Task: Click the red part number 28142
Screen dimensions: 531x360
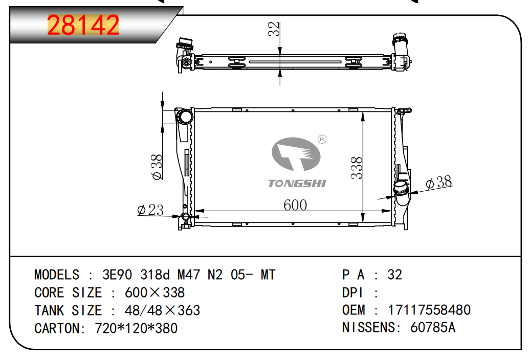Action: point(83,25)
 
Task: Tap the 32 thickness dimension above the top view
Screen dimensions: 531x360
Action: point(274,29)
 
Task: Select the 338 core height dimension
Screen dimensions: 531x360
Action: point(356,168)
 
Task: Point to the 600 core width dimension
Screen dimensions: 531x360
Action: point(295,205)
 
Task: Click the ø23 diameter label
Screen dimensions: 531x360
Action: point(150,210)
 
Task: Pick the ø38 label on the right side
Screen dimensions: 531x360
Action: point(439,182)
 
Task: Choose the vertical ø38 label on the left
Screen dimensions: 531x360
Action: point(157,167)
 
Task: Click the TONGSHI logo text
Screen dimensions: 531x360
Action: point(297,184)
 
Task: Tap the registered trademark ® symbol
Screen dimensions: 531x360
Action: point(322,139)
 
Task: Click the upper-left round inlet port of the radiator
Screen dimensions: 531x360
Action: point(186,117)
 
